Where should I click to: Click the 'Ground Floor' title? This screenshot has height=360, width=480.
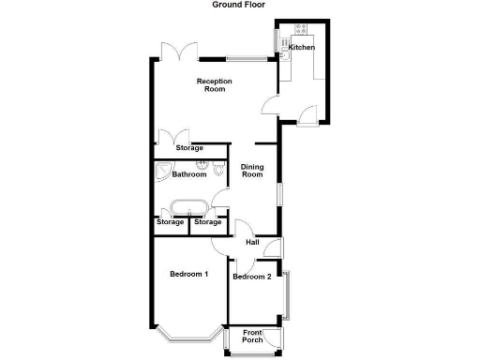click(x=238, y=5)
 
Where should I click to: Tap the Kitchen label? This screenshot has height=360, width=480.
click(x=301, y=47)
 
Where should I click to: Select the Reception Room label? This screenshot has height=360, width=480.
click(x=214, y=85)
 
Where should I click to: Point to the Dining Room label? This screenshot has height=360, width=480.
click(x=252, y=172)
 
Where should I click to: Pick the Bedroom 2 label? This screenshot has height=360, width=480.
click(x=252, y=277)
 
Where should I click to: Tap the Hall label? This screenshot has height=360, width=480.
click(x=252, y=243)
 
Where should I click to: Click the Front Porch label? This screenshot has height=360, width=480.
click(x=252, y=337)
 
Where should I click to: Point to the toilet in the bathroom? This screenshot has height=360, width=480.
click(x=218, y=171)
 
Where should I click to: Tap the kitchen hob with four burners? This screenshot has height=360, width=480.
click(x=302, y=30)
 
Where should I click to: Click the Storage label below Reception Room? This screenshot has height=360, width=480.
click(x=188, y=148)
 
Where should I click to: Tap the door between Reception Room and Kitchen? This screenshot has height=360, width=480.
click(x=270, y=105)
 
